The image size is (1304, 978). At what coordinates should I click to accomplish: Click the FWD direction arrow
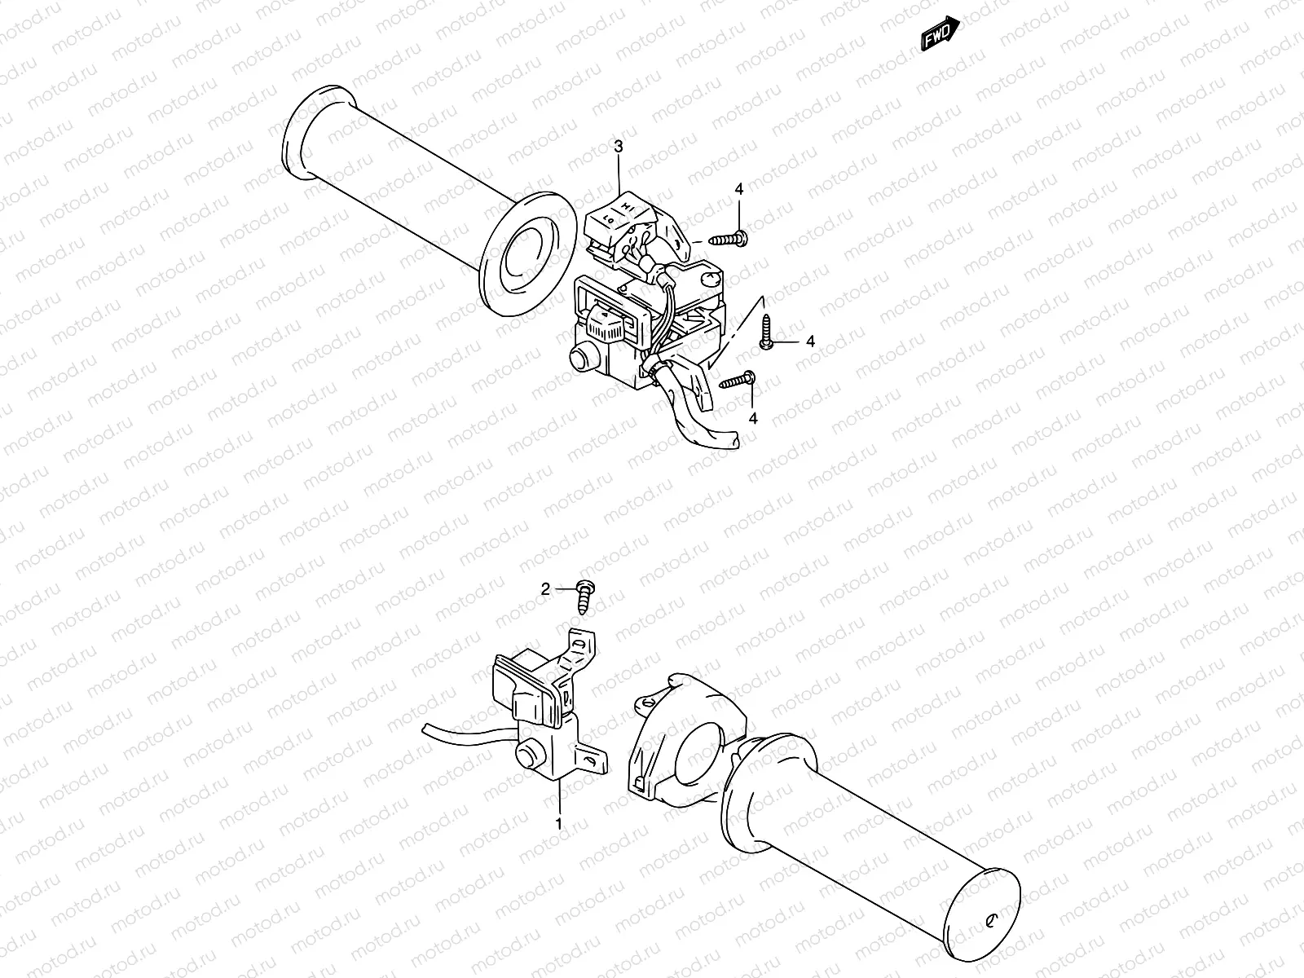coord(941,35)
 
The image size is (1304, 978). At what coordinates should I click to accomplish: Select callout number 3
coord(619,147)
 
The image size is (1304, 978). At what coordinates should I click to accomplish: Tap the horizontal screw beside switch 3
coord(728,239)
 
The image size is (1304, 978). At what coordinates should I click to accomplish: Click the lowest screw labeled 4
coord(738,379)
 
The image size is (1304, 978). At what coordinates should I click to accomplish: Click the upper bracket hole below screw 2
coord(579,644)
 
